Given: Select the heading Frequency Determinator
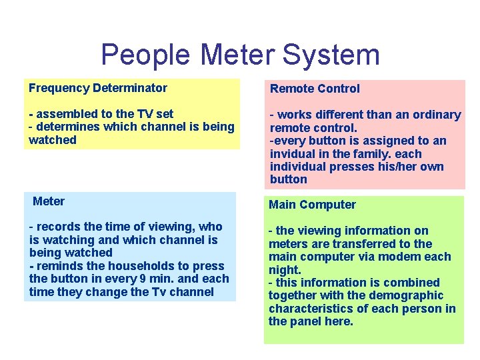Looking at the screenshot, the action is [98, 88].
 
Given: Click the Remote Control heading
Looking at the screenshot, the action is [314, 89].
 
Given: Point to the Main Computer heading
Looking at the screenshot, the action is [312, 205].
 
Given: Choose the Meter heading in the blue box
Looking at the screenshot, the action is [49, 201].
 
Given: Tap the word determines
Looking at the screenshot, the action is [66, 127].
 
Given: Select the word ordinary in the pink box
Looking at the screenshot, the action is [435, 115].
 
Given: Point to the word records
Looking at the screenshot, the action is [57, 227].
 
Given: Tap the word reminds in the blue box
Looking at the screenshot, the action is [57, 266].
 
